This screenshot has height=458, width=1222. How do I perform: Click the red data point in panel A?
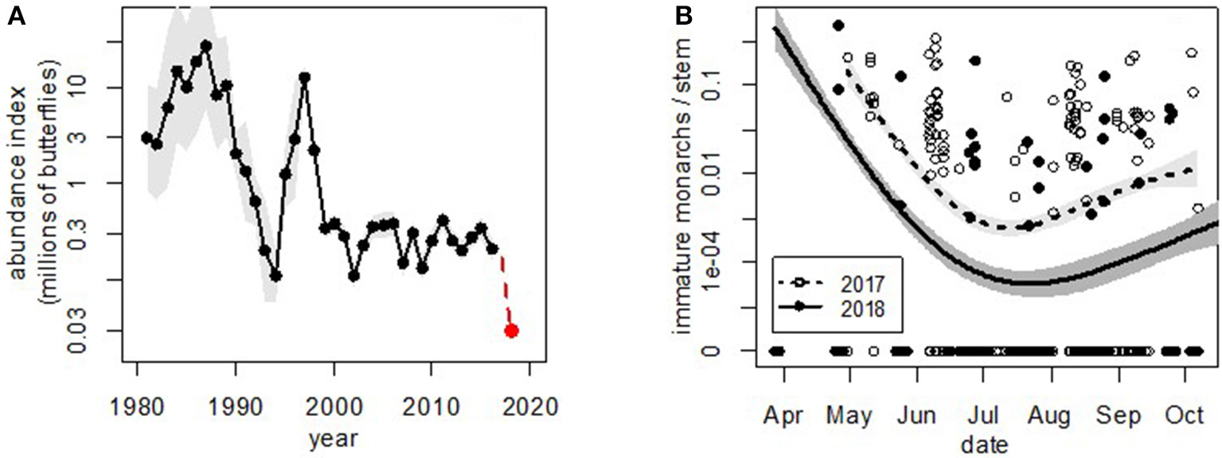pyautogui.click(x=511, y=331)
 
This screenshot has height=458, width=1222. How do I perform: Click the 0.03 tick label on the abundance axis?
pyautogui.click(x=93, y=331)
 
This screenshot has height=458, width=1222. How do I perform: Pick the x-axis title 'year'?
pyautogui.click(x=332, y=437)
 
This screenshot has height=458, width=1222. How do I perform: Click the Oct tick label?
pyautogui.click(x=1185, y=417)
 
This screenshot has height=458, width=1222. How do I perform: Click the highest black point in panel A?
pyautogui.click(x=206, y=45)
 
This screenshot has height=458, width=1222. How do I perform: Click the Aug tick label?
pyautogui.click(x=1052, y=417)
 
